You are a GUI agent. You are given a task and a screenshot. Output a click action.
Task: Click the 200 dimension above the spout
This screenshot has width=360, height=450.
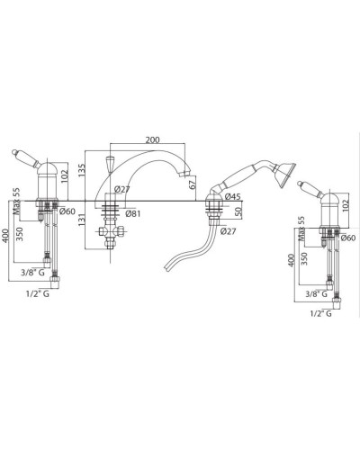[153, 139]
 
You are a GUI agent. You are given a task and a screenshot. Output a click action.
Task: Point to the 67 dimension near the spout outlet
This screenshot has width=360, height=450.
[193, 184]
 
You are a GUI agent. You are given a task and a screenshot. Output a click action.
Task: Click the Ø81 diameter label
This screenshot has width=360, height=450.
[133, 213]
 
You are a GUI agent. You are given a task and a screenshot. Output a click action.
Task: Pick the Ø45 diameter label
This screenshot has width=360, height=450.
[232, 197]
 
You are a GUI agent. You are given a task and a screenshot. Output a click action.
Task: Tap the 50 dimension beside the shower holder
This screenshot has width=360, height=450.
[238, 212]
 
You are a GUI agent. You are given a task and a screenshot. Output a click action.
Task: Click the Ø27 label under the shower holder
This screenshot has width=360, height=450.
[228, 231]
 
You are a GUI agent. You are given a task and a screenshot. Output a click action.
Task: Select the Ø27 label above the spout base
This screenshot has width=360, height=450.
[121, 189]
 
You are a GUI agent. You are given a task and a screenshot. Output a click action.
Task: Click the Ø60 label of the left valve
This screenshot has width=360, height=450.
[67, 211]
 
